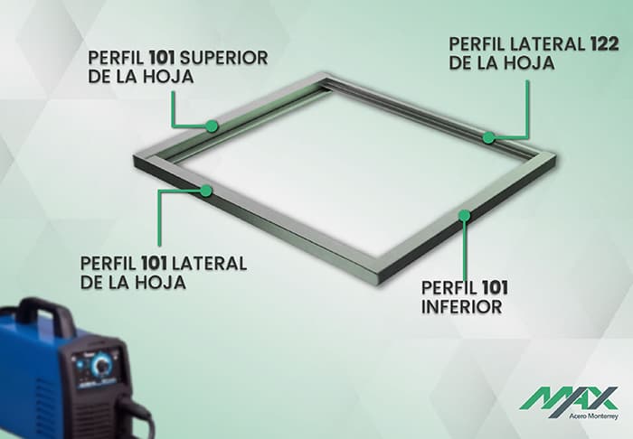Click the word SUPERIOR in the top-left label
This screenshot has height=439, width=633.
[224, 58]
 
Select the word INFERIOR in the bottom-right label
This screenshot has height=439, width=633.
[461, 307]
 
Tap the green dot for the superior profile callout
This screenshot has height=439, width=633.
[210, 126]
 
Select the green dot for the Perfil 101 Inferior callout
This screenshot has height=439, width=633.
[464, 215]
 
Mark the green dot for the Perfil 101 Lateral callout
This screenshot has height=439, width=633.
[207, 190]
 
